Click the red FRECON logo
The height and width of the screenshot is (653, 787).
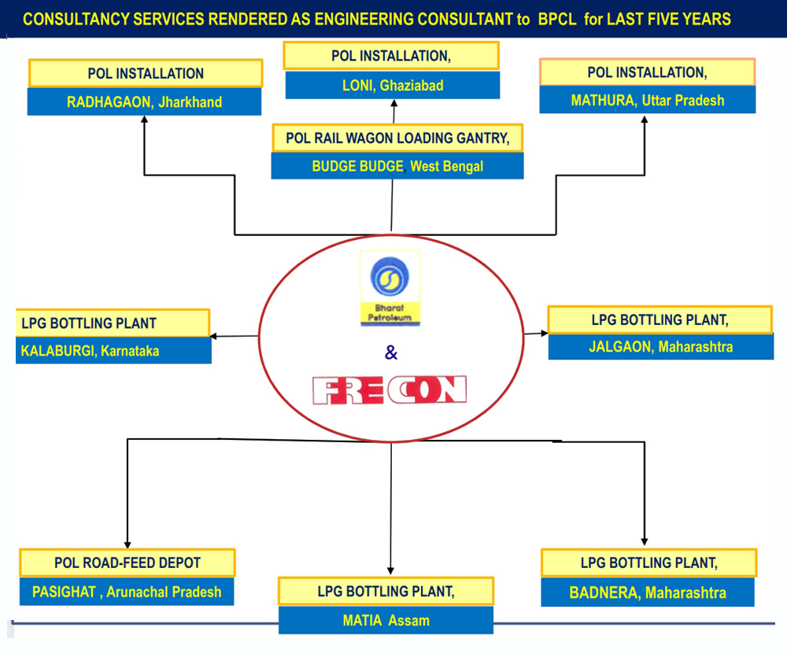point(390,390)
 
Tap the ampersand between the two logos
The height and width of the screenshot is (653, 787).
point(391,353)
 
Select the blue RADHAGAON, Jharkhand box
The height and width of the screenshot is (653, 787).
point(145,101)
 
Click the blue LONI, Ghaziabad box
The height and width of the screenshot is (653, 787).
point(392,85)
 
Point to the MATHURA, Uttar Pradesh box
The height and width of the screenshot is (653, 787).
point(648,100)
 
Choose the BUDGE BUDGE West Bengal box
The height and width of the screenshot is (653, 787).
point(397,166)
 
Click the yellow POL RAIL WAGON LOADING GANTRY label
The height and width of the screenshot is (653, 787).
point(397,138)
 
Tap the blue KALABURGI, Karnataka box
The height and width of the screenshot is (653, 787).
point(113,351)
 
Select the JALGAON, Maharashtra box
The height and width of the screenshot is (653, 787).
point(660,346)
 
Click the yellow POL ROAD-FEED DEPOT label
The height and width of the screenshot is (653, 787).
point(127,563)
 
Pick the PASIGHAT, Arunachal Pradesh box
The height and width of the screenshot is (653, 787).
point(127,592)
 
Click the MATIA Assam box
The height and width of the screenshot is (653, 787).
point(386,620)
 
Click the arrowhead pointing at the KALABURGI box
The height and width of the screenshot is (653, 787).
point(214,337)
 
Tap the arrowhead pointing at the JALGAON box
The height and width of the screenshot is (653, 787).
point(544,334)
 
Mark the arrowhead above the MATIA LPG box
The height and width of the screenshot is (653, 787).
point(391,571)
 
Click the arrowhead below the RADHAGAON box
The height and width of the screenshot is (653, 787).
point(144,120)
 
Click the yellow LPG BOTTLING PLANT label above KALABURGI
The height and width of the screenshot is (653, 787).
point(113,323)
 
